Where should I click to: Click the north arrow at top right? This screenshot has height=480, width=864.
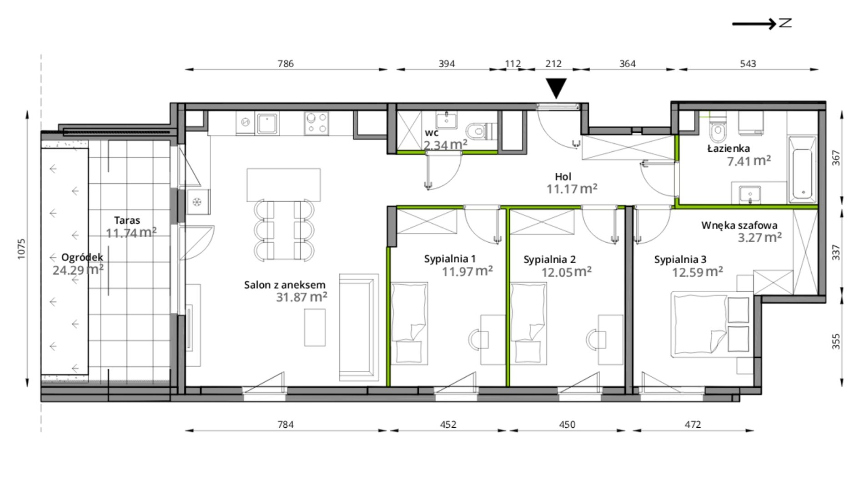(x=762, y=23)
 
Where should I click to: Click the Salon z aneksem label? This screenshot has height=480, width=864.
(x=285, y=285)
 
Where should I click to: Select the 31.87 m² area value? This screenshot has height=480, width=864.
(x=301, y=297)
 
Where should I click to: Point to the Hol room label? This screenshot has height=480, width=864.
(x=563, y=176)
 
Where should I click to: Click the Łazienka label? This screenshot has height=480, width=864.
(x=728, y=148)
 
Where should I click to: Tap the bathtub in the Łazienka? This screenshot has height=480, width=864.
(x=803, y=169)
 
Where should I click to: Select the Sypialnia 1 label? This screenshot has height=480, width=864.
(x=450, y=259)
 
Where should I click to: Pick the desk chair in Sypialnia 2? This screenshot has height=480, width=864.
(x=596, y=339)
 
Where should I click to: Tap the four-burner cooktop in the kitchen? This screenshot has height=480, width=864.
(x=316, y=123)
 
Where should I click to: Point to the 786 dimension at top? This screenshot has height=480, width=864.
(x=286, y=64)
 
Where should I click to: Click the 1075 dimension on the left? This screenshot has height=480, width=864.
(x=22, y=249)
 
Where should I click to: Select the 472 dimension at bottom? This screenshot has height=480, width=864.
(x=693, y=425)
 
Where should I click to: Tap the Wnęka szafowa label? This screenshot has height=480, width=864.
(x=739, y=225)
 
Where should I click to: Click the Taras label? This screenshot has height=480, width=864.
(x=127, y=220)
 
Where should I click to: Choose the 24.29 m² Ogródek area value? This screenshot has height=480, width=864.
(x=78, y=270)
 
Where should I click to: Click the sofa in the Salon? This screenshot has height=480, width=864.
(x=359, y=327)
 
